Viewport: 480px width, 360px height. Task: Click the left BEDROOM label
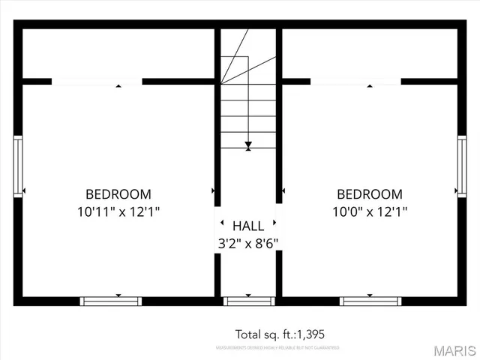coord(118,193)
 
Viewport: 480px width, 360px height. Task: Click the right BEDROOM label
coord(369,193)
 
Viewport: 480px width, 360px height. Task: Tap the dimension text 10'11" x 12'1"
coord(118,211)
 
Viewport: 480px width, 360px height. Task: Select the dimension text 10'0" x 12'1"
coord(370,211)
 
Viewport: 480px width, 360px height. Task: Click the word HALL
coord(247,226)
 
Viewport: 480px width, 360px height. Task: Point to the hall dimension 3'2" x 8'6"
coord(247,243)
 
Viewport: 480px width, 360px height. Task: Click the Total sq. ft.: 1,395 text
coord(280,334)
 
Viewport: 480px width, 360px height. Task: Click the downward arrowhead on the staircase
coord(248,145)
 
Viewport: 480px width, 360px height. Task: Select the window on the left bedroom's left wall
coord(18,166)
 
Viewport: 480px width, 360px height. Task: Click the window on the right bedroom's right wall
coord(461,166)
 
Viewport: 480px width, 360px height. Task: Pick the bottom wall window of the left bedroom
coord(111,301)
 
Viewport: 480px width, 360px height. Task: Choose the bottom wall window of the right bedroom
coord(370,301)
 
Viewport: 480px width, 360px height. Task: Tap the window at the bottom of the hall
coord(248,301)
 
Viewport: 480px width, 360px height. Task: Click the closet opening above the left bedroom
coord(97,81)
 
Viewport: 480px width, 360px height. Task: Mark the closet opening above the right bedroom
coord(355,81)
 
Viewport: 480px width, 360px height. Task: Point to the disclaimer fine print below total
coord(277,348)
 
